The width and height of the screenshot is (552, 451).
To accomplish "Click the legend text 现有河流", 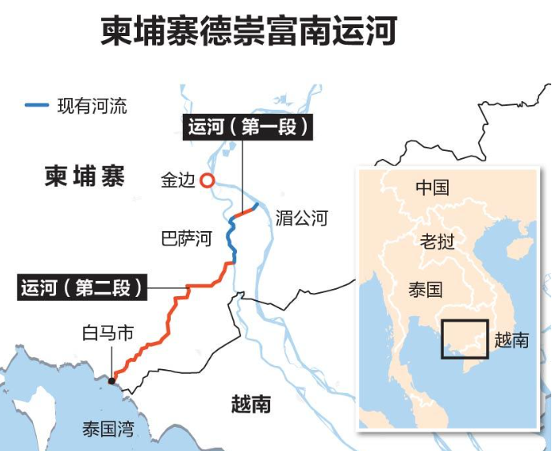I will pos(91,105).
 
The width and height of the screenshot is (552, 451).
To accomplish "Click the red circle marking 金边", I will pos(207,181).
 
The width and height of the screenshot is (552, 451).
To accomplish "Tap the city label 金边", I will pos(177,181).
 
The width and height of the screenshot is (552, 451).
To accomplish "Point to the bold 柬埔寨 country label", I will pos(85,177).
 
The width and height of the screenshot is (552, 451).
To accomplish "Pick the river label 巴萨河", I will pos(187,239).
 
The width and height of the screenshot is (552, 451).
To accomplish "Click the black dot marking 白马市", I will pos(111,380).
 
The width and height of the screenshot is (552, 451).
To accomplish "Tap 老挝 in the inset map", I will pos(438,241).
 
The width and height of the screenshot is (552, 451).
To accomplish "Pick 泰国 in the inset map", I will pos(425,290).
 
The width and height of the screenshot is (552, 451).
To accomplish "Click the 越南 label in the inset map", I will pos(512,339).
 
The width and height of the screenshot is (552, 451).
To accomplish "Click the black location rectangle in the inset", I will pos(464,339).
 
